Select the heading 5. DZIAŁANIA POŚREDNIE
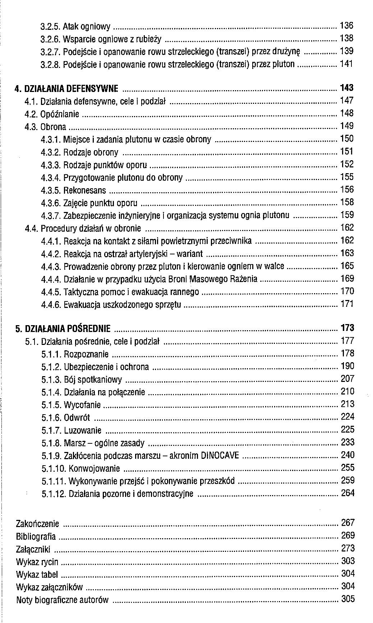[x=63, y=329]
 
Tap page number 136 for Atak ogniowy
[x=346, y=26]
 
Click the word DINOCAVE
[x=220, y=456]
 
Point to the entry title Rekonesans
[x=85, y=190]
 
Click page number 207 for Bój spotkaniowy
[x=347, y=379]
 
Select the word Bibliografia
[x=36, y=537]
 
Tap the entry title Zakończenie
[x=37, y=524]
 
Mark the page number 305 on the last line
[x=347, y=599]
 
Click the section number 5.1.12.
[x=54, y=494]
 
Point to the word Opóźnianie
[x=60, y=114]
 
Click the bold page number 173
[x=347, y=328]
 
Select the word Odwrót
[x=77, y=418]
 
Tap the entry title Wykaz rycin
[x=37, y=562]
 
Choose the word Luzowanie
[x=83, y=430]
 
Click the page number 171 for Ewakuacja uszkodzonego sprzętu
[x=347, y=304]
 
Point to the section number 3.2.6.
[x=50, y=39]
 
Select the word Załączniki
[x=33, y=549]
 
